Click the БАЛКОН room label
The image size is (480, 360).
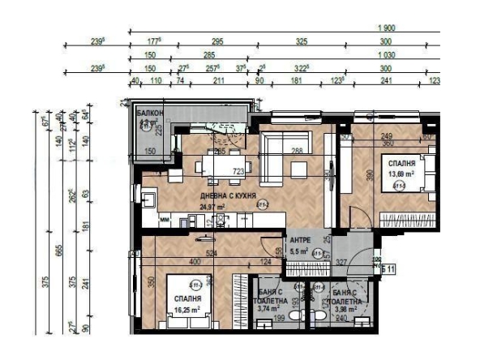coord(150,113)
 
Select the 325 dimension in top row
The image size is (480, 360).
coord(302,41)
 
